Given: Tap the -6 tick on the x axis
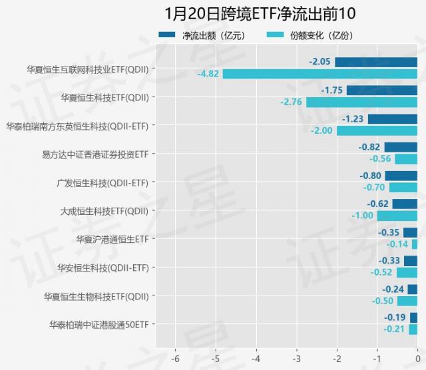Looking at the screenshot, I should [x=175, y=355].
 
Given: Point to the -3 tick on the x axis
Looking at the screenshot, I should [x=296, y=355].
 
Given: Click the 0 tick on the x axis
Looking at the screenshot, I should [x=417, y=355].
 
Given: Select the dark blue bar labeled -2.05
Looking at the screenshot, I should [x=376, y=62].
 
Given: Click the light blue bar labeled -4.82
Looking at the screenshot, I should [x=320, y=74].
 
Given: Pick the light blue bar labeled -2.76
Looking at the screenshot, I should [x=361, y=102].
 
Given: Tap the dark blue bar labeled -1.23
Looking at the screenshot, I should [x=393, y=119].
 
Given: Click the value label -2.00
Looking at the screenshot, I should [x=321, y=130].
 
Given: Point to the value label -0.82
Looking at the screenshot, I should [x=369, y=147].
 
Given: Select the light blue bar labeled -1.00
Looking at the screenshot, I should [x=397, y=216].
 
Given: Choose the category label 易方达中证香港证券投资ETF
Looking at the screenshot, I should [x=95, y=154].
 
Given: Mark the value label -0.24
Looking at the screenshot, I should [x=393, y=289].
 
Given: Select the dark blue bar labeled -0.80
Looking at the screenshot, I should [x=401, y=176].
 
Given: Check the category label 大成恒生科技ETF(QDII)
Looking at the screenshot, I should [x=104, y=211].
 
